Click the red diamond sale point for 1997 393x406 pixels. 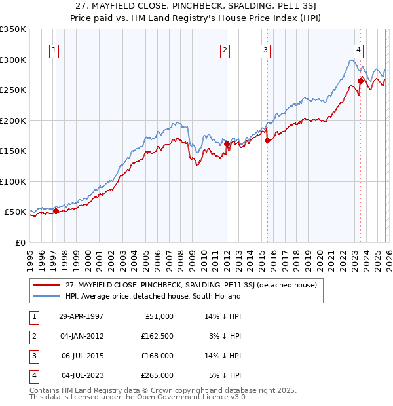click(56, 212)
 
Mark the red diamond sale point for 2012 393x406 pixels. click(227, 143)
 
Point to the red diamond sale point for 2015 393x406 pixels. click(267, 140)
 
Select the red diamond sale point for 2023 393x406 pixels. click(360, 81)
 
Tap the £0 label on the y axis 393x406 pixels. click(20, 242)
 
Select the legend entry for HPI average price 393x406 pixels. click(153, 296)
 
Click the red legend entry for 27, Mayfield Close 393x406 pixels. click(191, 285)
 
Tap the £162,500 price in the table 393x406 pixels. click(157, 335)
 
